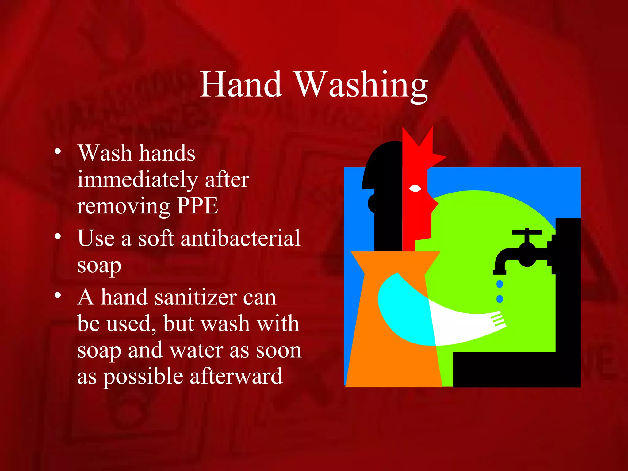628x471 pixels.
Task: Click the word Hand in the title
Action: (x=241, y=84)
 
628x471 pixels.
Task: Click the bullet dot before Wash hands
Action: (x=57, y=151)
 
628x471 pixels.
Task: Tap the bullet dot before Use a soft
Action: (x=57, y=236)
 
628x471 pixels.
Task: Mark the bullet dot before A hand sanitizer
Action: (x=57, y=295)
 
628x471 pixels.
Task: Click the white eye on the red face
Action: (x=415, y=188)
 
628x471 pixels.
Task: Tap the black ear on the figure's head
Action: (x=372, y=203)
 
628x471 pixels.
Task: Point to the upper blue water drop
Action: (x=500, y=284)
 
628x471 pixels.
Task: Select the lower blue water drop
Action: (x=500, y=298)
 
